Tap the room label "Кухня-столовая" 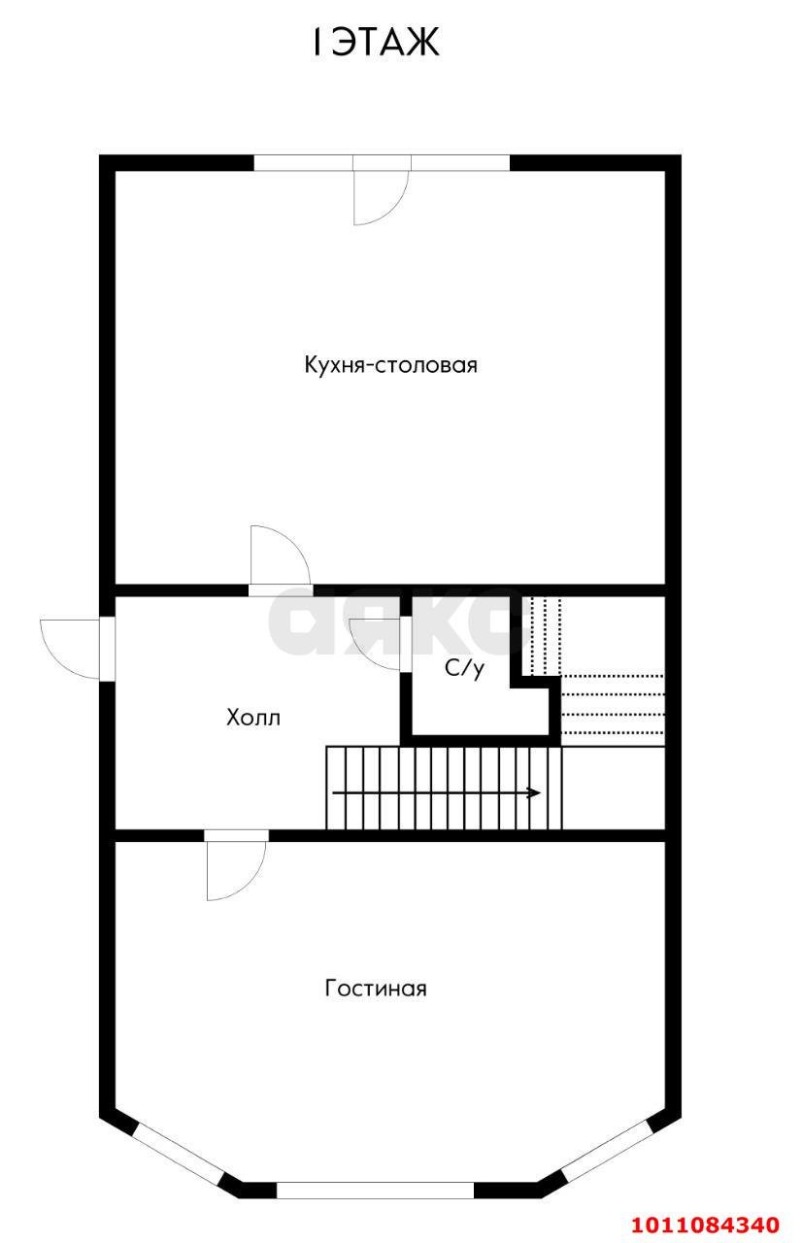[390, 365]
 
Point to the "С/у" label [464, 668]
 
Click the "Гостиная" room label [376, 989]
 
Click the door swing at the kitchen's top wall [379, 197]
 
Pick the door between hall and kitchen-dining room [279, 557]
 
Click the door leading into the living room [236, 867]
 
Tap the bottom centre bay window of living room [375, 1190]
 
